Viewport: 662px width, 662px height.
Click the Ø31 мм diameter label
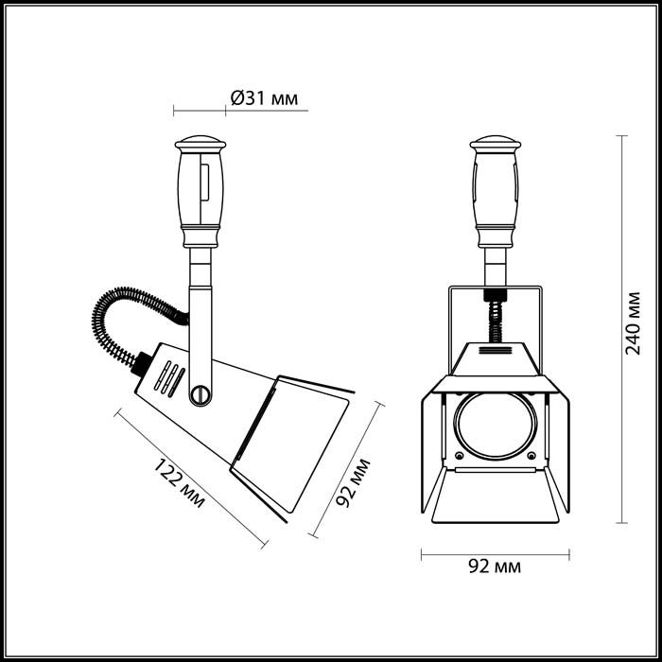tap(264, 98)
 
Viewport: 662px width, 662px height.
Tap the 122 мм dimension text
tap(179, 483)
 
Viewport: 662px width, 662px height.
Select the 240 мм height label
tap(633, 323)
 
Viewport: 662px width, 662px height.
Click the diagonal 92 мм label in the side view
tap(353, 482)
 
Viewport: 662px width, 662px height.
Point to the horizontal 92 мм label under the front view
tap(495, 566)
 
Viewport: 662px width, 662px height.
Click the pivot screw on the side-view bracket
tap(200, 394)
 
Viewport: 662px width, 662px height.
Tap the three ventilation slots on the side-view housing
tap(169, 378)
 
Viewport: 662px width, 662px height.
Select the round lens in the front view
tap(496, 426)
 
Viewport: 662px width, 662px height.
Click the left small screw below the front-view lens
tap(460, 456)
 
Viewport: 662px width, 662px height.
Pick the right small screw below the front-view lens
tap(531, 456)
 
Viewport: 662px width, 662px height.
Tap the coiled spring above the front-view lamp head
tap(496, 322)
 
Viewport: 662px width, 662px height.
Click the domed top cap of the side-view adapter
tap(200, 143)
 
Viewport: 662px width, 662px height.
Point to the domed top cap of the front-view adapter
tap(496, 143)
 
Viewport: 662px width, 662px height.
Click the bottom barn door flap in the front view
tap(496, 496)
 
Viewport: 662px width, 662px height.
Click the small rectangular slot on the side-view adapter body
tap(205, 182)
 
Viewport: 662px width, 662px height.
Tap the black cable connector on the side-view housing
tap(140, 363)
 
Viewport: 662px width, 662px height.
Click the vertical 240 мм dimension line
tap(621, 329)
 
